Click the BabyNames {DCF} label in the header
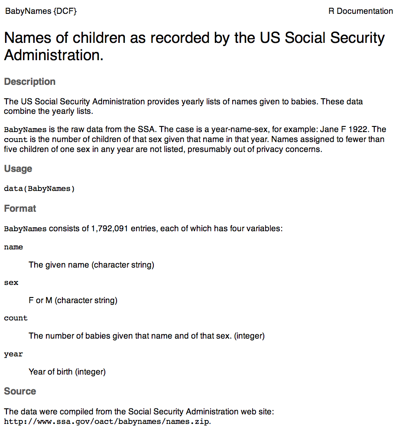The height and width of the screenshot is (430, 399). (x=41, y=11)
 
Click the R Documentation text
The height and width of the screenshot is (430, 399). (x=360, y=11)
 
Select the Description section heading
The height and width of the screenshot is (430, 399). (x=30, y=82)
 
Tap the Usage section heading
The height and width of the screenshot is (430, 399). (x=18, y=168)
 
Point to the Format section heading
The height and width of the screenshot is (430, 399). (x=20, y=208)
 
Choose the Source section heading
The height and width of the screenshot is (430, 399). (x=20, y=391)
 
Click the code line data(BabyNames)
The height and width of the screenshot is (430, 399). (x=39, y=188)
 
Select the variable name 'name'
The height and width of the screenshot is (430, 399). (x=13, y=247)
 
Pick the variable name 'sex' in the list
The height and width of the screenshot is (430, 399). (x=11, y=282)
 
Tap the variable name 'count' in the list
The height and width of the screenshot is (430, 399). (x=16, y=318)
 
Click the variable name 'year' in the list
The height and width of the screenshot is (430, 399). (x=13, y=354)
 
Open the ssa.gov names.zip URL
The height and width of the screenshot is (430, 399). (x=107, y=421)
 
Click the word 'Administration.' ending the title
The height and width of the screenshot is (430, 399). (x=54, y=55)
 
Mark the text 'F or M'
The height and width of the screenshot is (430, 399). (x=43, y=300)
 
